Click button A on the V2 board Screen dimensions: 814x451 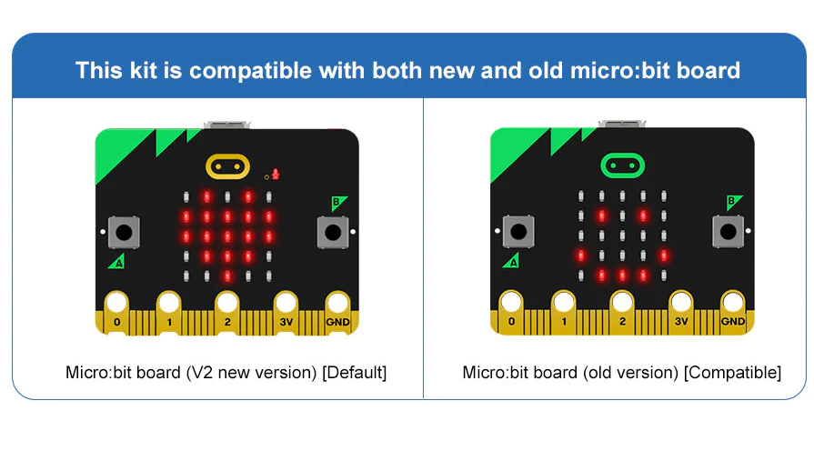[x=124, y=233]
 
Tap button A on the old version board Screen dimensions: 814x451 [x=518, y=232]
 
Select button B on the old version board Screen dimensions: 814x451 [x=728, y=232]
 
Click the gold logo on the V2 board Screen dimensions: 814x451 [x=227, y=166]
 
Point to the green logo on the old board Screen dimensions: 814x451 [x=622, y=165]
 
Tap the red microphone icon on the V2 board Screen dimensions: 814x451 [x=276, y=175]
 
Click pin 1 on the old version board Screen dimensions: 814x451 [x=564, y=312]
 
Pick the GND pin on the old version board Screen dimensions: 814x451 [x=733, y=312]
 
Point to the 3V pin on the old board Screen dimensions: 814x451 [x=681, y=312]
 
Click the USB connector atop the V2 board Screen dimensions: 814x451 [x=226, y=125]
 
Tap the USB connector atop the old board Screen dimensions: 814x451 [x=622, y=124]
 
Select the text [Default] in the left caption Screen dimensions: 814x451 [x=355, y=373]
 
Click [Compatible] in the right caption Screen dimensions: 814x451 [x=732, y=373]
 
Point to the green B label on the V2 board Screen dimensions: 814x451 [x=338, y=203]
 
